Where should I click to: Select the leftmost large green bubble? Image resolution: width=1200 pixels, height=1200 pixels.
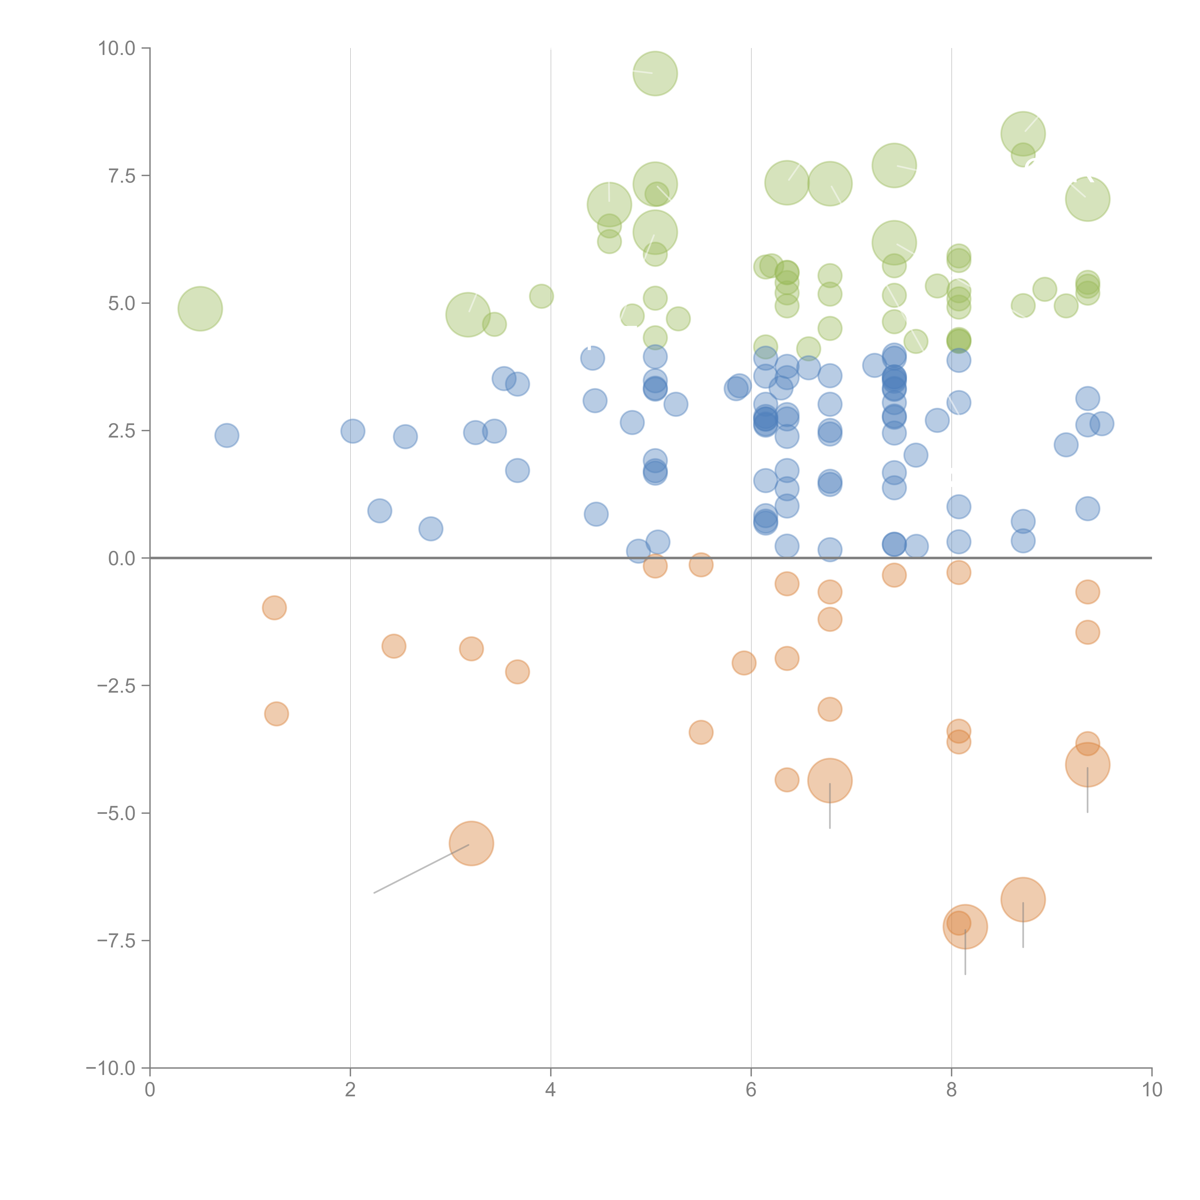click(200, 309)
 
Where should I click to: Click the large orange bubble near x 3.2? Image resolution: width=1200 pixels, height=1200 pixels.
click(471, 843)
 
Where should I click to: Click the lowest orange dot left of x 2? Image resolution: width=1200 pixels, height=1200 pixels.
click(276, 714)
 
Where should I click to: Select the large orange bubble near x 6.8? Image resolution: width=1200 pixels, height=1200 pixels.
click(830, 781)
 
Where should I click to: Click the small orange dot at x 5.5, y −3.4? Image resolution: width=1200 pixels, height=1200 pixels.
click(701, 732)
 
